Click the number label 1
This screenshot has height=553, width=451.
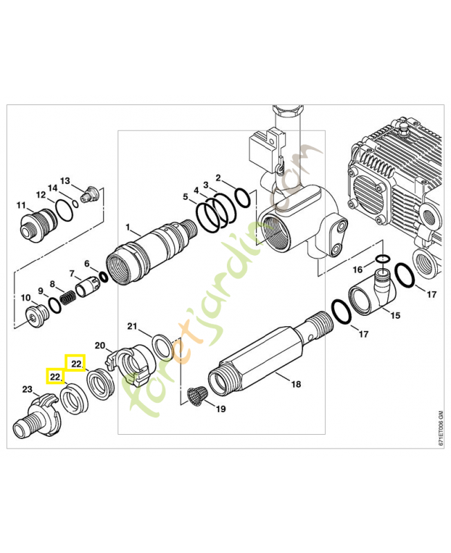pyautogui.click(x=127, y=227)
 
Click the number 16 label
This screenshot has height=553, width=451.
pyautogui.click(x=358, y=269)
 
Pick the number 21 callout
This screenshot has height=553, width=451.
pyautogui.click(x=133, y=326)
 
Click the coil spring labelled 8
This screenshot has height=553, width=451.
pyautogui.click(x=68, y=298)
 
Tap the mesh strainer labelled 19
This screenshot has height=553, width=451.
pyautogui.click(x=197, y=397)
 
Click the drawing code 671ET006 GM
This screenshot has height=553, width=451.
pyautogui.click(x=440, y=432)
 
